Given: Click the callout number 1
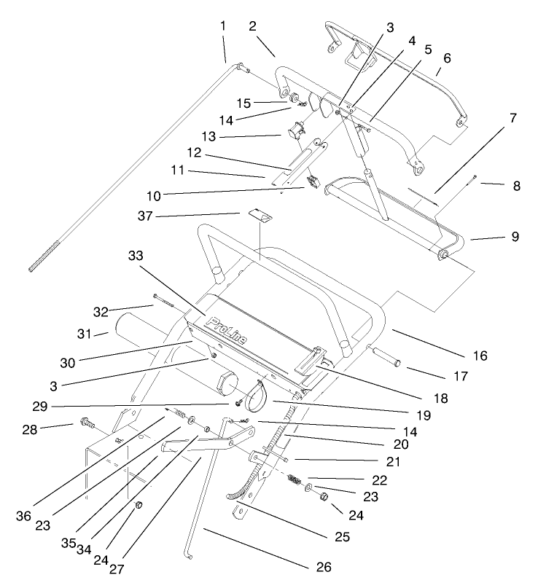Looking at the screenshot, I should click(x=223, y=26).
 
